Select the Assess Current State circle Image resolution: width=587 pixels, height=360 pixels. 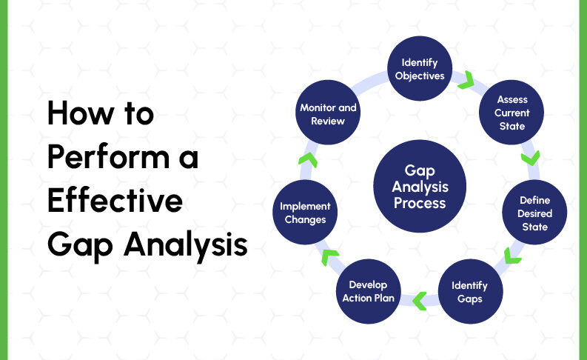tap(512, 113)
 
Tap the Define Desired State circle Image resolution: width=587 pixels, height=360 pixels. tap(533, 213)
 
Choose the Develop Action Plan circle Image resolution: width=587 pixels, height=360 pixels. tap(368, 292)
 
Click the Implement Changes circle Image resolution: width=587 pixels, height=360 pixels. tap(306, 213)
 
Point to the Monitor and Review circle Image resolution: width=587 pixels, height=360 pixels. tap(328, 113)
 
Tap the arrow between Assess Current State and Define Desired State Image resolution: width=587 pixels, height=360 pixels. tap(531, 157)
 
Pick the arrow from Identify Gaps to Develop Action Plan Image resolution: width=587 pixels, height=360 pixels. tap(419, 300)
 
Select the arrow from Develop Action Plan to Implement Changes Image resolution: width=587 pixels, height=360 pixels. tap(328, 257)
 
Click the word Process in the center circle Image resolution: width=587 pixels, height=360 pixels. tap(420, 202)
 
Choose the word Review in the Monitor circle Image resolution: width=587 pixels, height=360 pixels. tap(328, 121)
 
